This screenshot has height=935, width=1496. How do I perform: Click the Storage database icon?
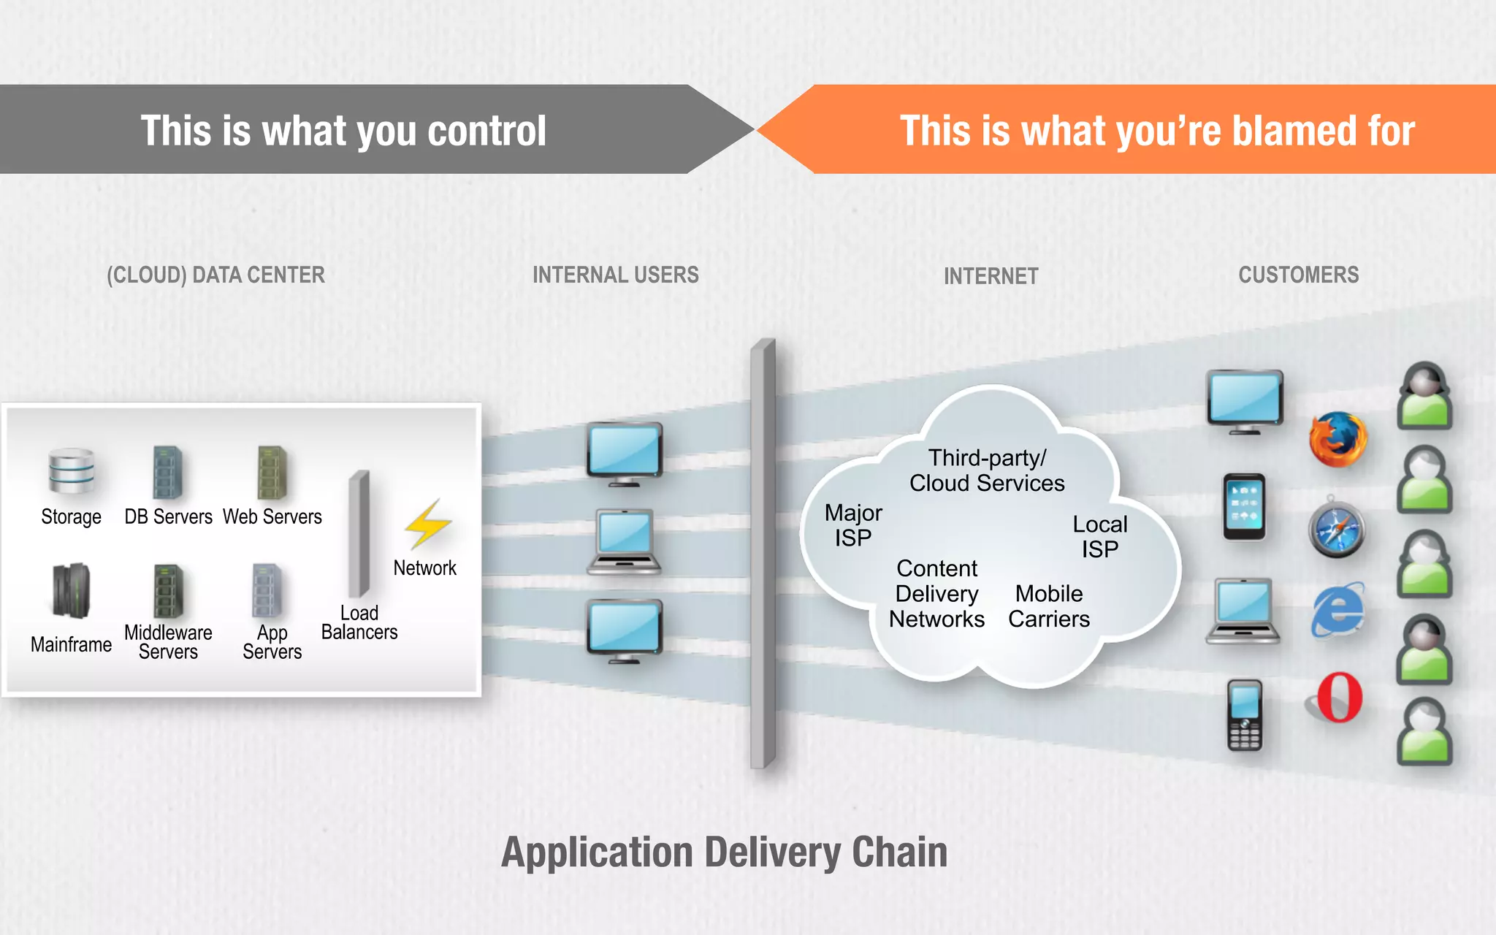(71, 471)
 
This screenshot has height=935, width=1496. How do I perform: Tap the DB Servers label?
(168, 517)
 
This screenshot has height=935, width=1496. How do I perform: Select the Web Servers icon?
(272, 473)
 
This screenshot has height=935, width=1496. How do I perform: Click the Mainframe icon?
(71, 590)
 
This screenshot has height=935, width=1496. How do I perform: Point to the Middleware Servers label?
(168, 642)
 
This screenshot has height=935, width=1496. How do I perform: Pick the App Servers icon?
(267, 590)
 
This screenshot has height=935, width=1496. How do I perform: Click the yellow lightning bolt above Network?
(428, 524)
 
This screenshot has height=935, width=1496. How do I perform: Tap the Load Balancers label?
(359, 622)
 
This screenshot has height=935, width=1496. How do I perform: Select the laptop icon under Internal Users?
(625, 542)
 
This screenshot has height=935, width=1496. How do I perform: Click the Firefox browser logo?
(1337, 440)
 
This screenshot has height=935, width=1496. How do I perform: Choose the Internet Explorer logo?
(1337, 609)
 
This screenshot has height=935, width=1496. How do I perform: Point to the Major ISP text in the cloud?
(853, 525)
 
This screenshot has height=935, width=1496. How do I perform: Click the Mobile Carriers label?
(1049, 606)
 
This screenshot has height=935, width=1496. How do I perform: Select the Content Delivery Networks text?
(936, 594)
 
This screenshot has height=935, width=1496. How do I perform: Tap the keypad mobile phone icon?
(1245, 715)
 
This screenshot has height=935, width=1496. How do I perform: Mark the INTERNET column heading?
(991, 276)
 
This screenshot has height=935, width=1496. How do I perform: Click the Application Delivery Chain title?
(724, 852)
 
